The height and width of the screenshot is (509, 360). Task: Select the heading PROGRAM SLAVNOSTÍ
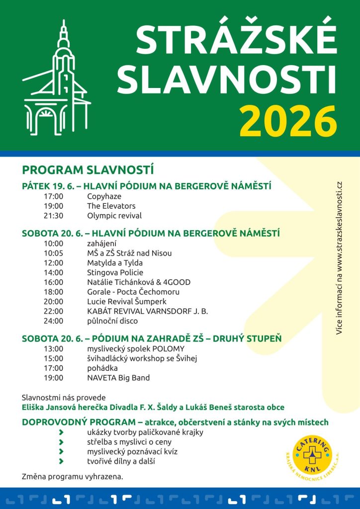pyautogui.click(x=88, y=170)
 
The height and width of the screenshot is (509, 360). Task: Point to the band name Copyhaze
pyautogui.click(x=104, y=196)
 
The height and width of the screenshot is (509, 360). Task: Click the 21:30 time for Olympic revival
pyautogui.click(x=54, y=216)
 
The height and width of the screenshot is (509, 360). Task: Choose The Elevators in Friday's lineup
pyautogui.click(x=111, y=206)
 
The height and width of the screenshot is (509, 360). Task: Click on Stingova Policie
pyautogui.click(x=115, y=272)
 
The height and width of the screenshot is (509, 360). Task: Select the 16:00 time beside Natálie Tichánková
pyautogui.click(x=54, y=282)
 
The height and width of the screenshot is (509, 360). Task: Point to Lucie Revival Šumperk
pyautogui.click(x=127, y=301)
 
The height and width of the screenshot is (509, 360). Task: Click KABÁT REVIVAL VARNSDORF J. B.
pyautogui.click(x=147, y=311)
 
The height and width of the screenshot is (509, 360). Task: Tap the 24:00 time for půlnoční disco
pyautogui.click(x=54, y=321)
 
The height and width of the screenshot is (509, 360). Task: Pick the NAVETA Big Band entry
pyautogui.click(x=118, y=378)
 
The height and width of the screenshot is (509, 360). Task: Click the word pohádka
pyautogui.click(x=102, y=368)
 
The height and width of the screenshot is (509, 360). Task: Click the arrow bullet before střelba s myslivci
pyautogui.click(x=61, y=442)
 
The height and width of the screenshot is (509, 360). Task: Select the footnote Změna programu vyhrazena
pyautogui.click(x=73, y=476)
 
